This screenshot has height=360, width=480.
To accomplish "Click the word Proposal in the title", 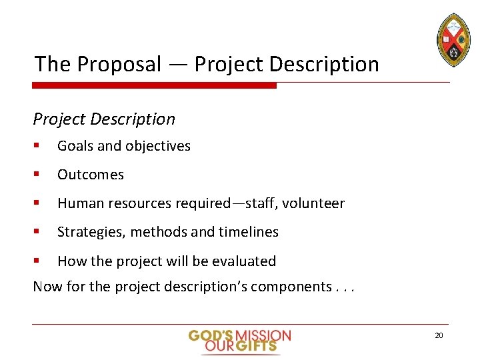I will click(119, 65).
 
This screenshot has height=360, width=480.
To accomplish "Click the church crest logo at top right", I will click(454, 39).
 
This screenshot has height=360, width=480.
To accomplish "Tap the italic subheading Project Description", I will click(104, 119).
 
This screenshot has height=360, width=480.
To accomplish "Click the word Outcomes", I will click(91, 175).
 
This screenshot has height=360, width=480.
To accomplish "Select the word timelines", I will click(247, 232).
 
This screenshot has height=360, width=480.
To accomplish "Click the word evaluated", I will click(245, 261).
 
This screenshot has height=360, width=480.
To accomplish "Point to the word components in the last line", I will click(290, 287).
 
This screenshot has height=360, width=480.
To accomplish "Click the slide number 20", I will click(439, 335).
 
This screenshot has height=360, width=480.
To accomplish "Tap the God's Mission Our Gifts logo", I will click(239, 341).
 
